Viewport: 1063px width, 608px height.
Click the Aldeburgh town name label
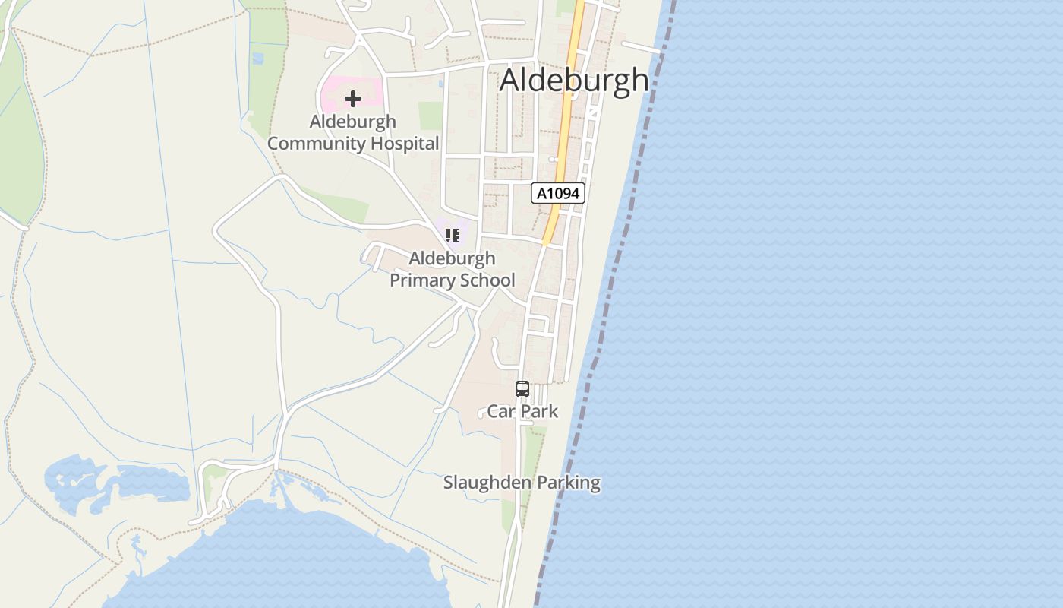click(x=574, y=80)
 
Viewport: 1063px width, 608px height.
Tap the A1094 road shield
click(x=558, y=193)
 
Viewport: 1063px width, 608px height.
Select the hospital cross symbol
click(x=352, y=98)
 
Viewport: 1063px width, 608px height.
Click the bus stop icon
click(x=522, y=389)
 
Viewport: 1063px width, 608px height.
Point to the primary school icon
click(x=453, y=236)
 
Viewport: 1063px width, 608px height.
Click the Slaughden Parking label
click(x=522, y=483)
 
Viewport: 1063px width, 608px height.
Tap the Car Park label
click(x=522, y=411)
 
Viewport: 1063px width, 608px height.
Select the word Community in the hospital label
click(x=314, y=144)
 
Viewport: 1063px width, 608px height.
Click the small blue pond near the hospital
click(x=257, y=58)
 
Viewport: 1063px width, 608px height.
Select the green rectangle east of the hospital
click(x=431, y=116)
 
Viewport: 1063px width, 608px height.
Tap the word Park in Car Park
click(x=540, y=411)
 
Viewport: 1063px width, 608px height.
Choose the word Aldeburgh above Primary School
click(x=452, y=258)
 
